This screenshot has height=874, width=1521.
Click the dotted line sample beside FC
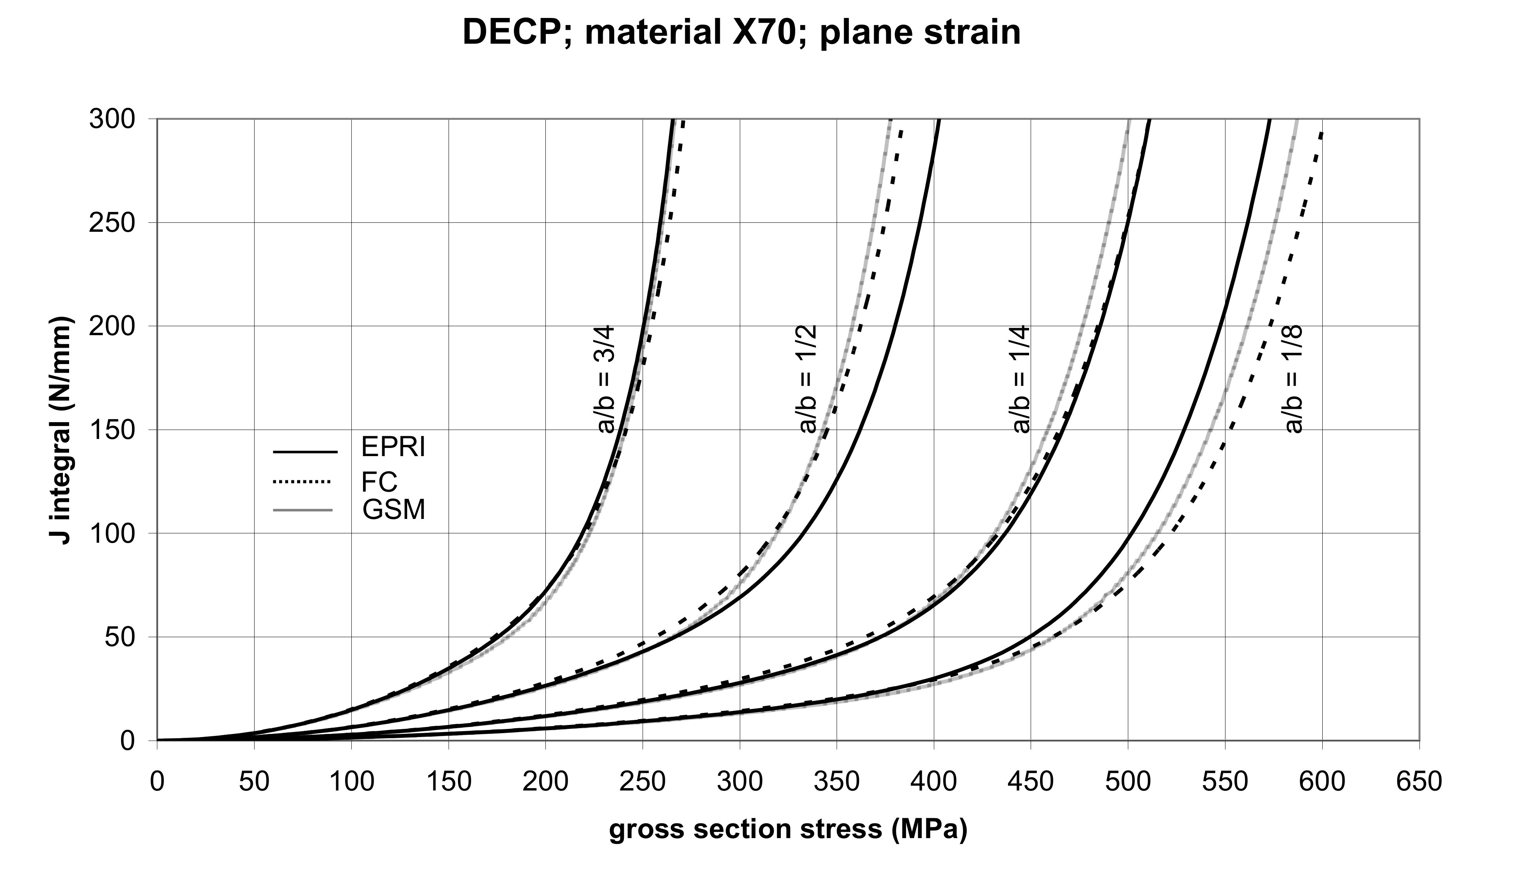click(302, 481)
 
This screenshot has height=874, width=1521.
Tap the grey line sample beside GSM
click(302, 510)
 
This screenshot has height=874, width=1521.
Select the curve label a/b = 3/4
click(605, 379)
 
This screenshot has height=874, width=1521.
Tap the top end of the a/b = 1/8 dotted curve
click(1322, 133)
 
